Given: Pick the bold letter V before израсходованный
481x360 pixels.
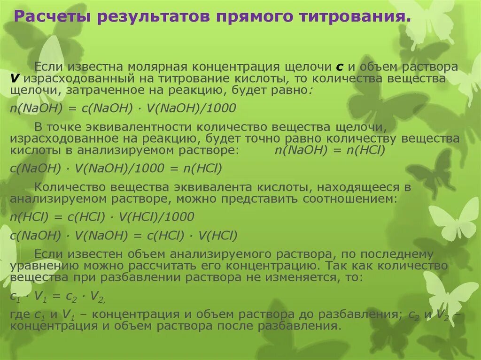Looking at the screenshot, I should (15, 79).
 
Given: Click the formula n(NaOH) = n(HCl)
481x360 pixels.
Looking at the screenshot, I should (330, 151).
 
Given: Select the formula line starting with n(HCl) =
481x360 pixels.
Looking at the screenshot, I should (102, 217).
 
